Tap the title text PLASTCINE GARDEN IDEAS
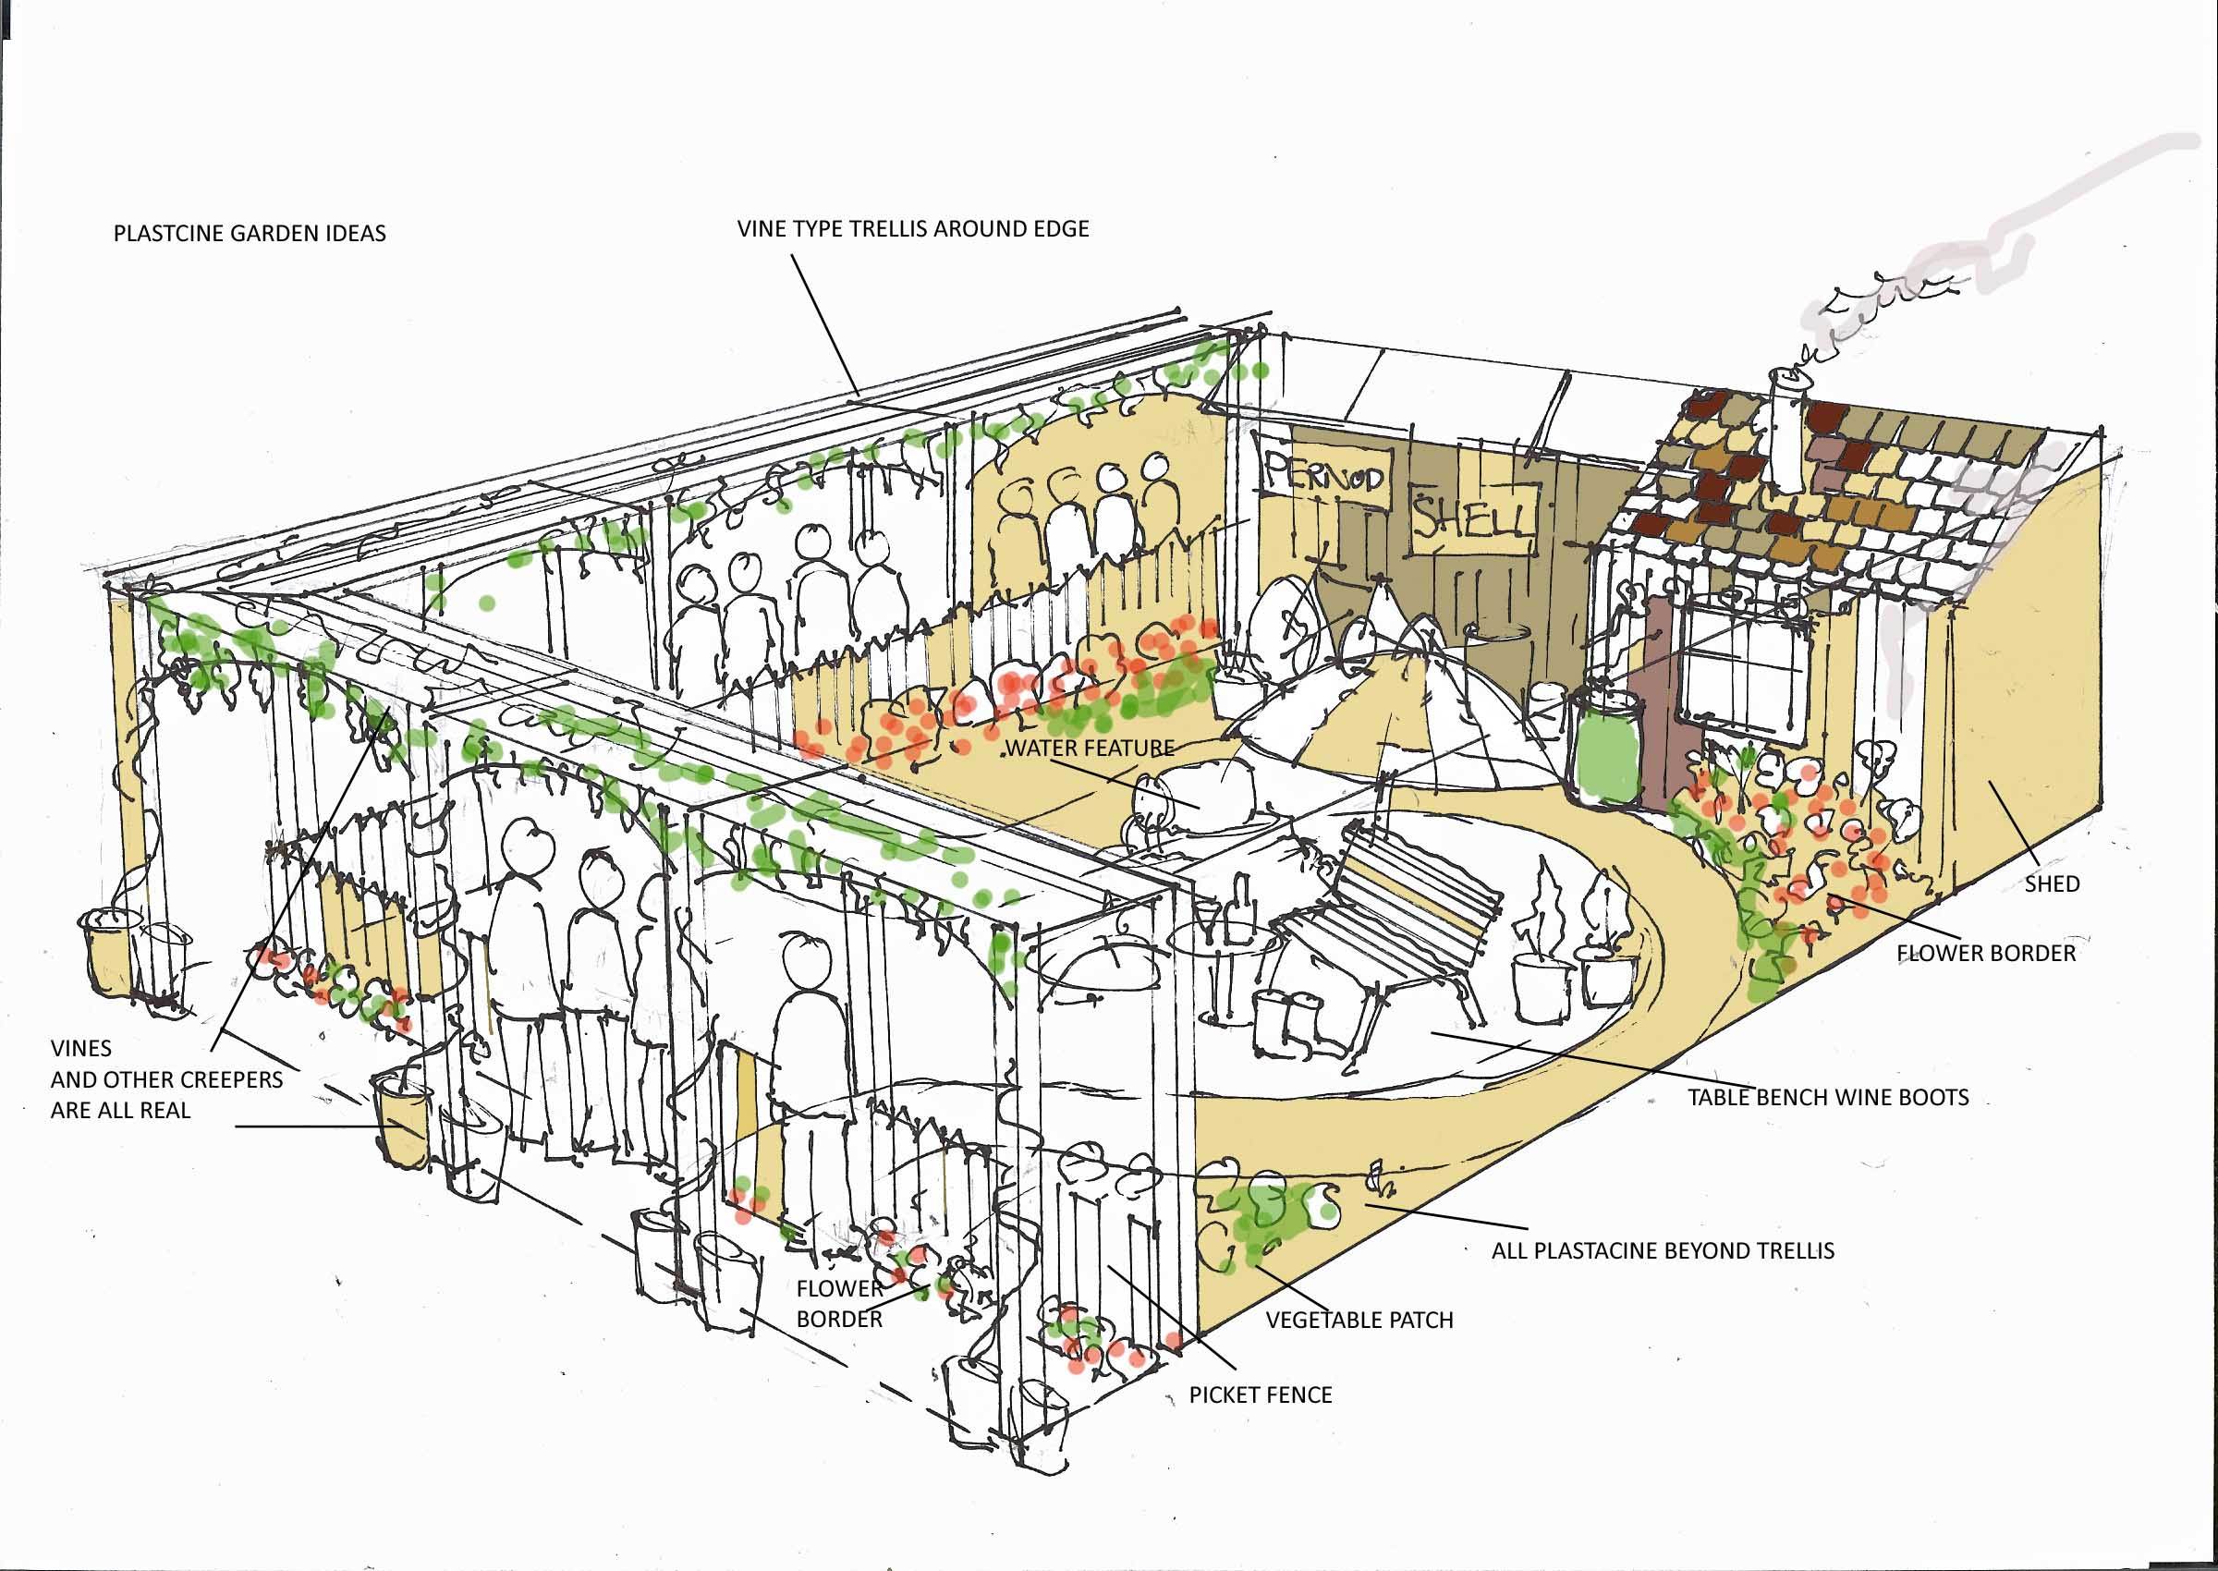tap(250, 233)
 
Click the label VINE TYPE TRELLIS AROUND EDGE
tap(912, 229)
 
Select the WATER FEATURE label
tap(1091, 748)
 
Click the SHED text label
tap(2052, 883)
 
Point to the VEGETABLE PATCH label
tap(1359, 1320)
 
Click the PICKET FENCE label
tap(1261, 1394)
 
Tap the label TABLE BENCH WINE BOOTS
tap(1827, 1097)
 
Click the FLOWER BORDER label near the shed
tap(1986, 953)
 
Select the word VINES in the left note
tap(81, 1048)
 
